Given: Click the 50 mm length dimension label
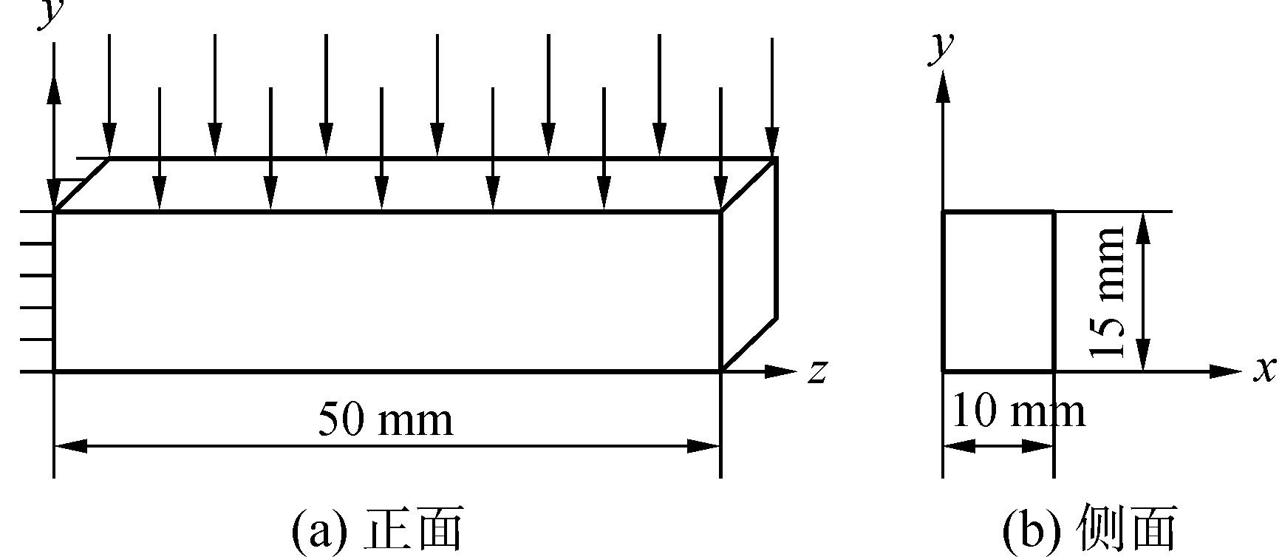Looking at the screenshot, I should [x=385, y=420].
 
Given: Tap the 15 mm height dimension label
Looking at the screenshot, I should [x=1108, y=291].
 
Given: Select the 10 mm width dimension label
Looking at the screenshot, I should [x=1018, y=412].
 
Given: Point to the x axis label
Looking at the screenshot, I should [x=1265, y=369].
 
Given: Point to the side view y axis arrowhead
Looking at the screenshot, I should [x=943, y=87].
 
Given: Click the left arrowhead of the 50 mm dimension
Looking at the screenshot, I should [x=70, y=446].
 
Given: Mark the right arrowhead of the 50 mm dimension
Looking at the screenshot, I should [x=704, y=446].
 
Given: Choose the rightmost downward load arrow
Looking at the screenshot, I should [x=772, y=96].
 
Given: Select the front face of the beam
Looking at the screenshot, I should [x=386, y=291].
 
